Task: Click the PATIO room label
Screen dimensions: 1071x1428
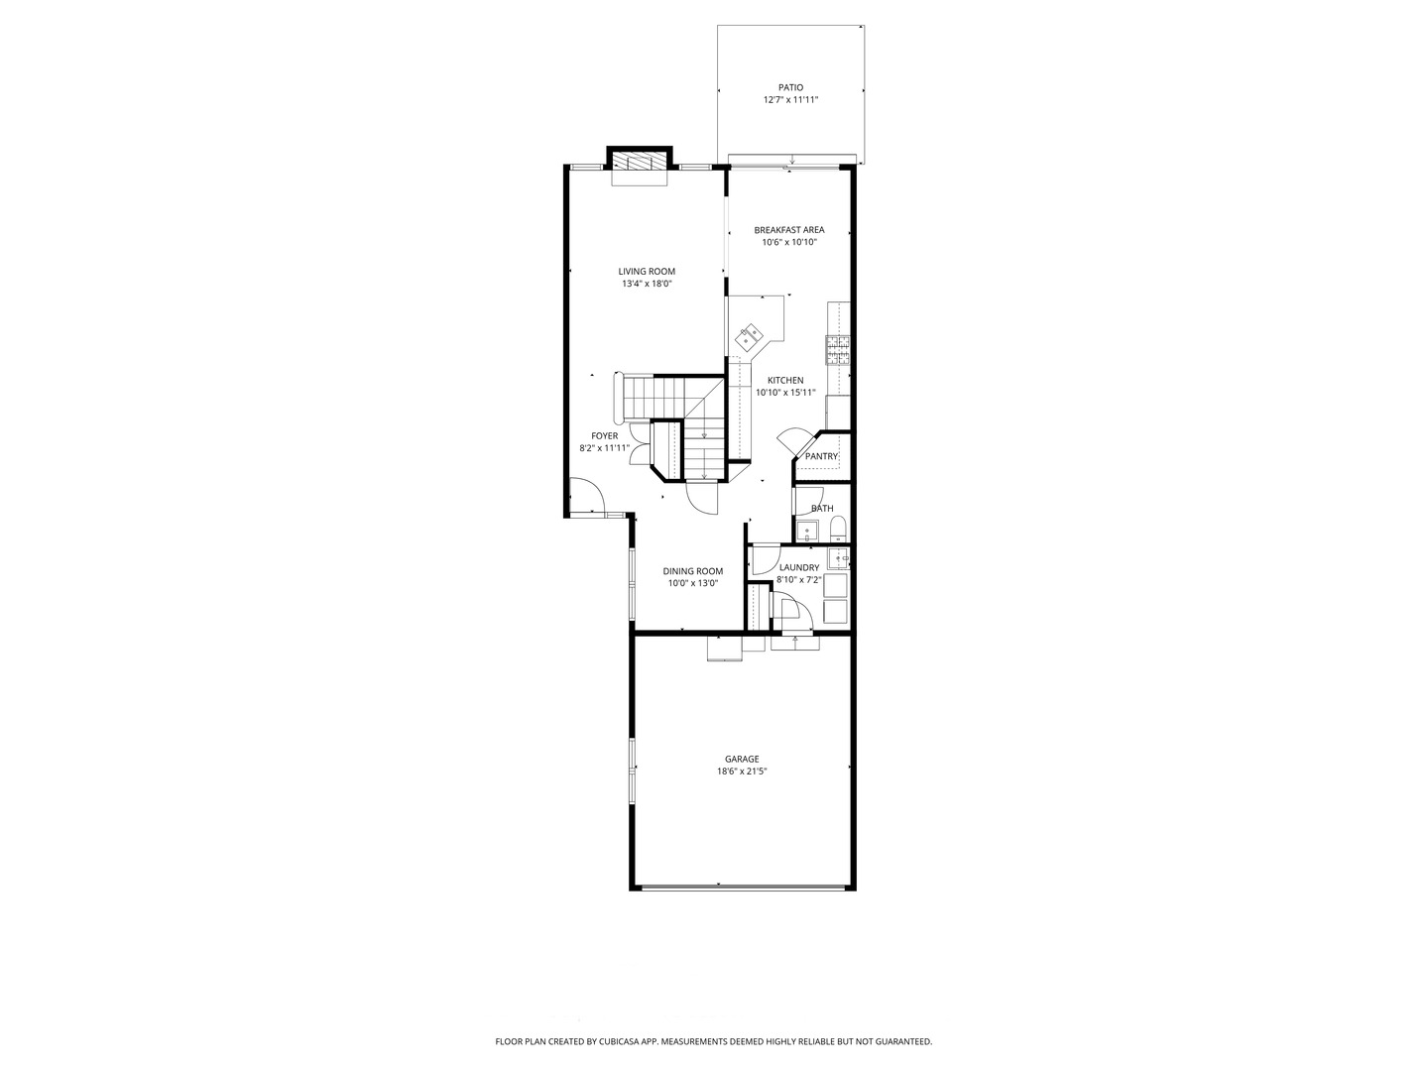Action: click(790, 87)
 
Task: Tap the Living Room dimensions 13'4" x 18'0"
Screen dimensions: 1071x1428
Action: click(647, 284)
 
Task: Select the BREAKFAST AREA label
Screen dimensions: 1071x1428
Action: click(788, 230)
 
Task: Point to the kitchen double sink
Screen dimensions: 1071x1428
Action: click(749, 337)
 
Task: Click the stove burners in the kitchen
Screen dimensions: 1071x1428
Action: click(838, 346)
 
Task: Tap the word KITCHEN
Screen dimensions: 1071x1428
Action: click(785, 381)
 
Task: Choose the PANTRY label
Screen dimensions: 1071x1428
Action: click(821, 456)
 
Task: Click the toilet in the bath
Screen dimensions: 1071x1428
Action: click(837, 527)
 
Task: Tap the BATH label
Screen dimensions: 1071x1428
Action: click(822, 509)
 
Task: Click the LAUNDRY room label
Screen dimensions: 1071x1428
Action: click(799, 568)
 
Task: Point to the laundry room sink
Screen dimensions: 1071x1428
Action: click(839, 559)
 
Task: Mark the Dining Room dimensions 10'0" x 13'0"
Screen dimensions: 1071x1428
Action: click(692, 583)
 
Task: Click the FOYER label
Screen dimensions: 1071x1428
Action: click(604, 436)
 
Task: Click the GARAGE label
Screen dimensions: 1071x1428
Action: click(741, 760)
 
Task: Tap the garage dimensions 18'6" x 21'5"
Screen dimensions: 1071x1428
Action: click(742, 772)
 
